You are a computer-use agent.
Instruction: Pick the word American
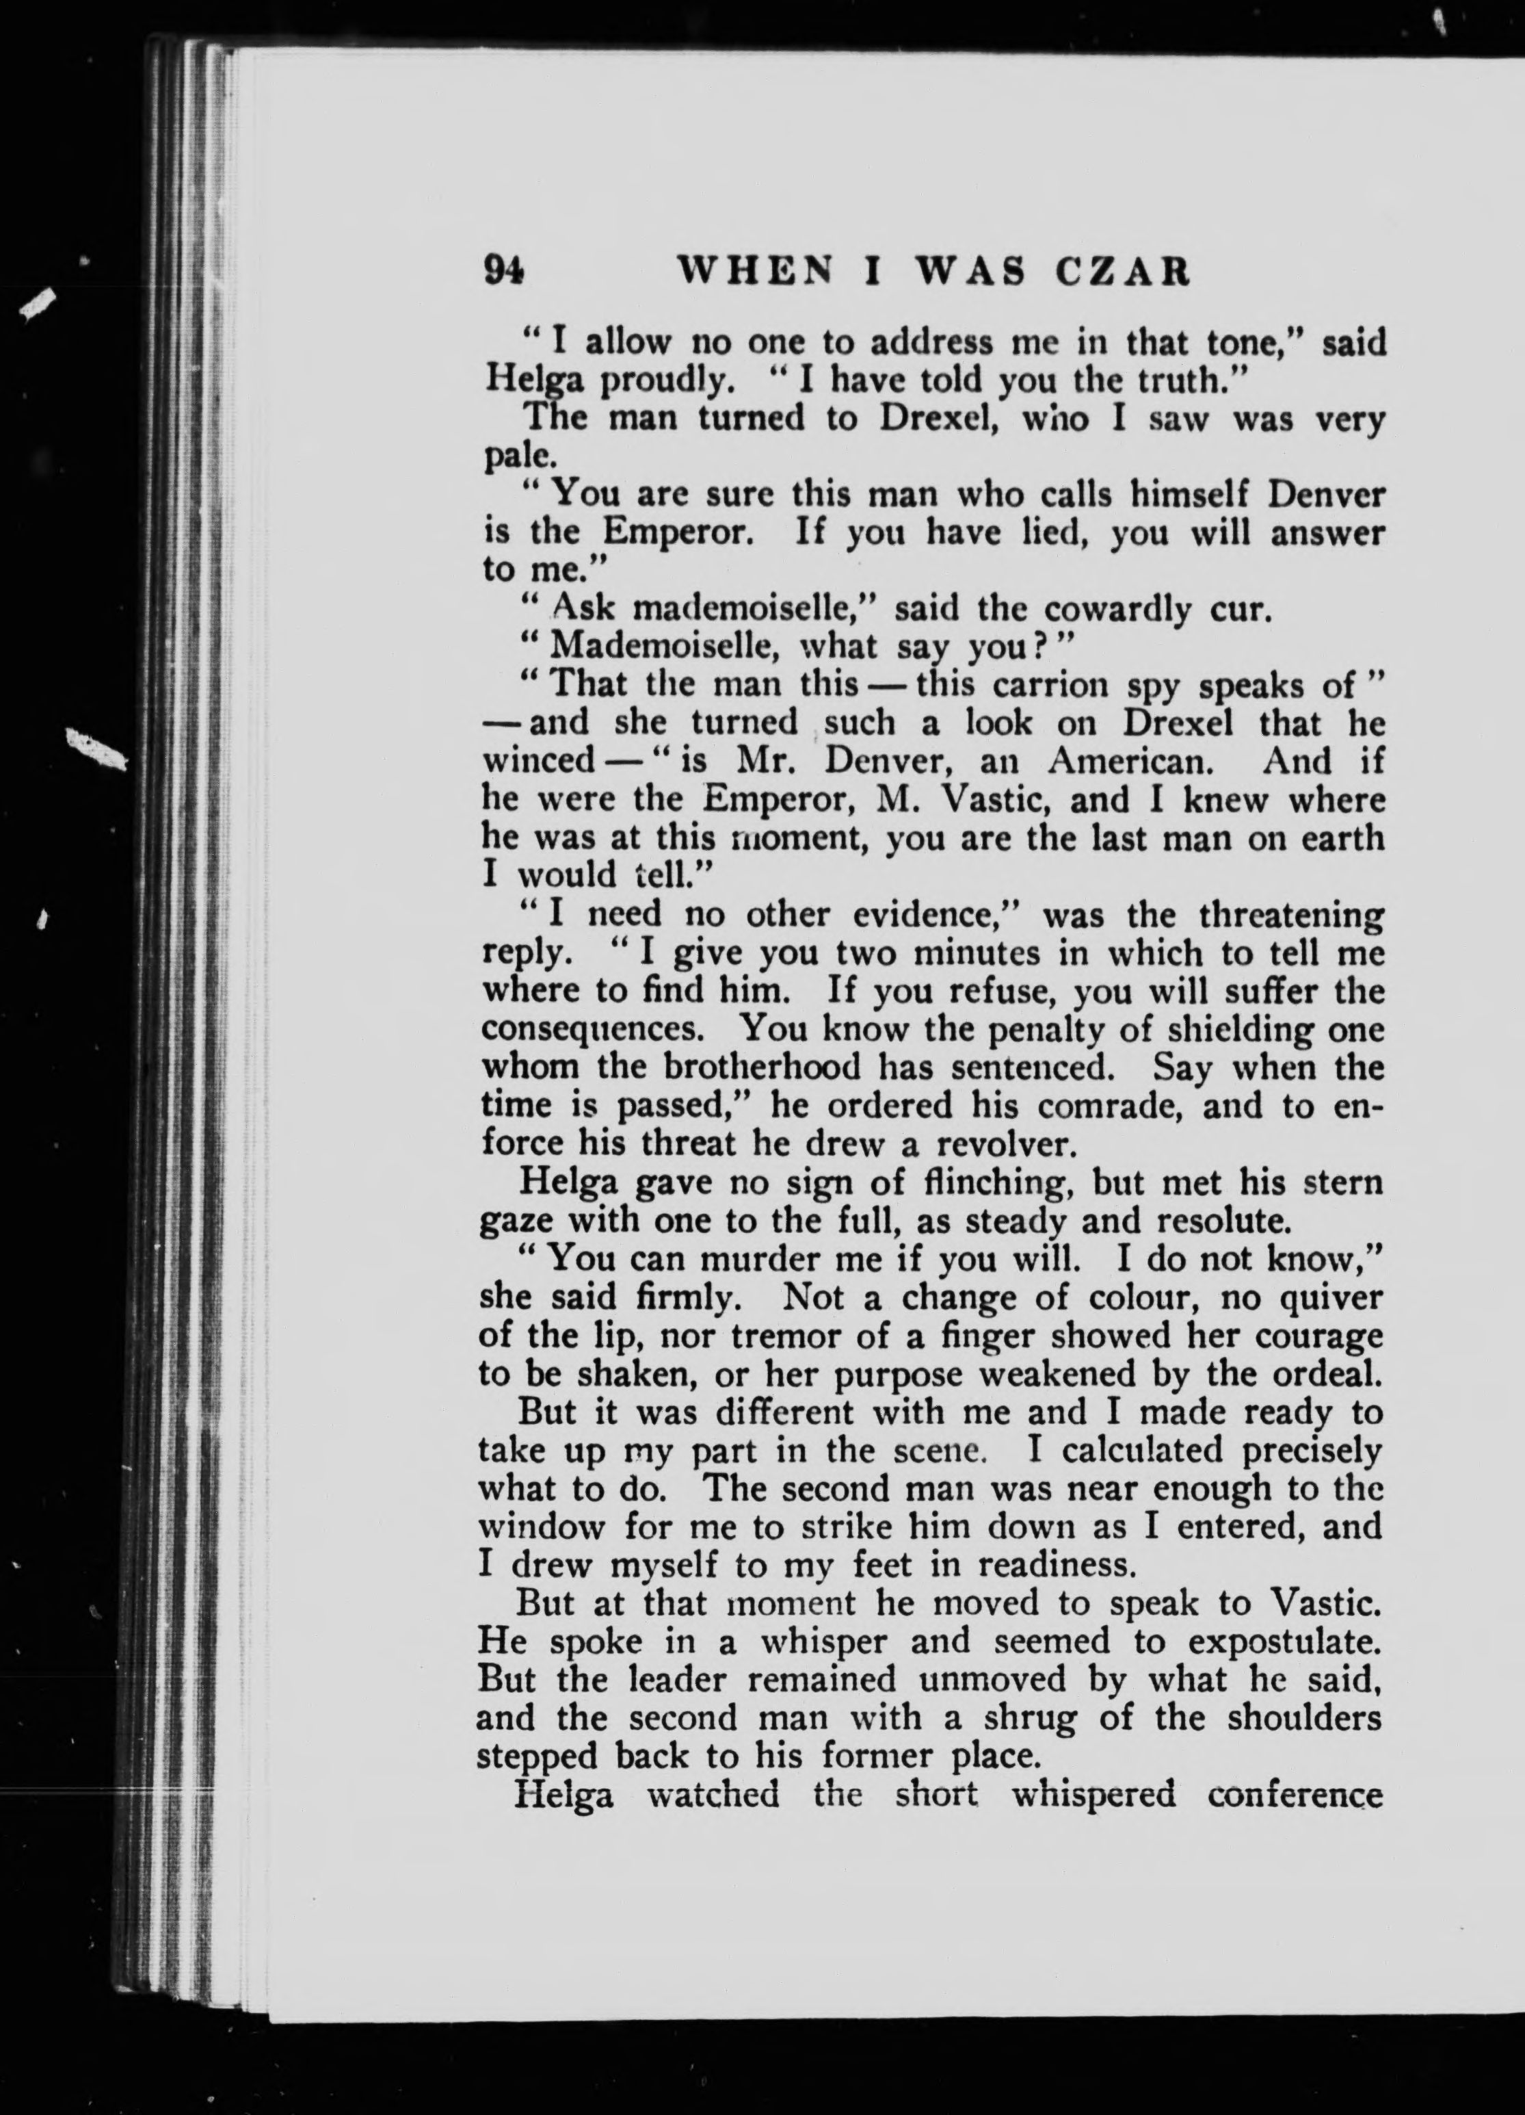tap(1130, 762)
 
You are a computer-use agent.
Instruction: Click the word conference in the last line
tap(1293, 1794)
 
